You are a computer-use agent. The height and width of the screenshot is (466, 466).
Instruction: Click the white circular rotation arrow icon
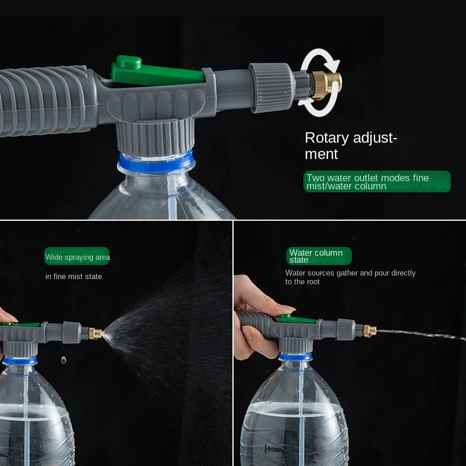pos(319,83)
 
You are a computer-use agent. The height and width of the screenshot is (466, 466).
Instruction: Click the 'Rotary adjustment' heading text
pos(351,146)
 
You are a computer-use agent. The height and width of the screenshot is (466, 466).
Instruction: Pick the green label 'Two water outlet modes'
pos(376,182)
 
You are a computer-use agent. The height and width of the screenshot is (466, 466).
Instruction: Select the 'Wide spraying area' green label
pos(77,257)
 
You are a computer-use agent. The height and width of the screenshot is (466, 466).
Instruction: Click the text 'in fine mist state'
pos(73,276)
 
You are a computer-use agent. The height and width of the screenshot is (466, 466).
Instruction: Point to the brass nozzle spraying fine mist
pos(95,333)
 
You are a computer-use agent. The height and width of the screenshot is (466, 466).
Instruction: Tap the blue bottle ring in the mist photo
pos(20,361)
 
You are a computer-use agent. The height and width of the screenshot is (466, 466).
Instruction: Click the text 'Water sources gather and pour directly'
pos(350,273)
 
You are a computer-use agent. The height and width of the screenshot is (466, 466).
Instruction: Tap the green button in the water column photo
pos(284,317)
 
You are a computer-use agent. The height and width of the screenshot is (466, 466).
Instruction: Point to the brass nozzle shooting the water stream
pos(368,331)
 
